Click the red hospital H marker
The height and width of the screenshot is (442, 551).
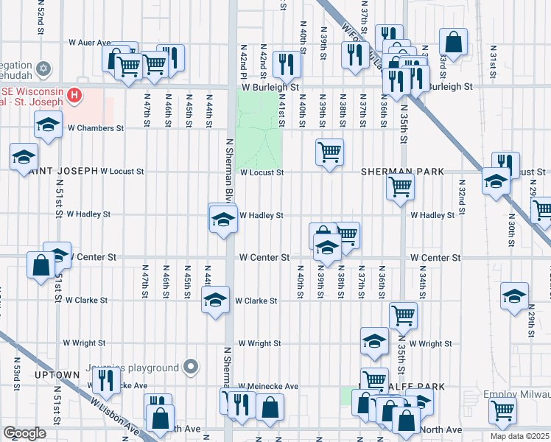pos(74,94)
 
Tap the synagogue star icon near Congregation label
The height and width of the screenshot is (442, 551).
pos(43,69)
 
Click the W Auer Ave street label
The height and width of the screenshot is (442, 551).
pos(89,43)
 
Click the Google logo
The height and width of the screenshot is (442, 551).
pos(24,432)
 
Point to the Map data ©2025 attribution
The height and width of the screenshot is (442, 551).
pos(520,436)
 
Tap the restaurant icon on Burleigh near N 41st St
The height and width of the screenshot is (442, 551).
pos(286,63)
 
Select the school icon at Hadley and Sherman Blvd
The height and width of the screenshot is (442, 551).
pos(222,219)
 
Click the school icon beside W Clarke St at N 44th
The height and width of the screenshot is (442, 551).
pos(215,300)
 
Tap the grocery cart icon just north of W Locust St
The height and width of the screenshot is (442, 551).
pos(329,152)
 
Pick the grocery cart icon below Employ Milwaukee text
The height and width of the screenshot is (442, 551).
pos(503,410)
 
